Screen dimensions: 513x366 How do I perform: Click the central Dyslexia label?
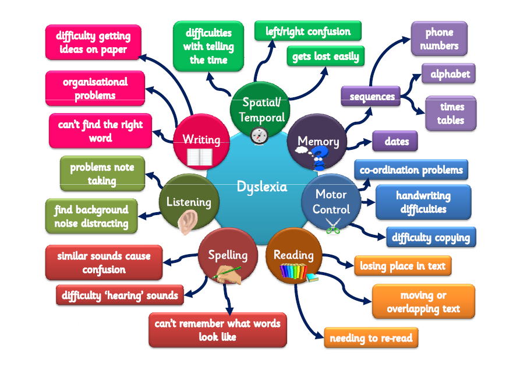pyautogui.click(x=262, y=186)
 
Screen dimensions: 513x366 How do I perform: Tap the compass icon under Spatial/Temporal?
pyautogui.click(x=259, y=136)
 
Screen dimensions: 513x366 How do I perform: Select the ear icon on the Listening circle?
pyautogui.click(x=188, y=221)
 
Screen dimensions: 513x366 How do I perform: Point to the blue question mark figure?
pyautogui.click(x=319, y=158)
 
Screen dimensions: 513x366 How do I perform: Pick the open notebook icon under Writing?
pyautogui.click(x=200, y=157)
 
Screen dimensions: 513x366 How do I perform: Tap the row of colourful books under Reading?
pyautogui.click(x=293, y=272)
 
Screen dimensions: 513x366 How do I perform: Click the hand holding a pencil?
pyautogui.click(x=227, y=274)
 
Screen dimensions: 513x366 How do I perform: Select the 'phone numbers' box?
pyautogui.click(x=439, y=38)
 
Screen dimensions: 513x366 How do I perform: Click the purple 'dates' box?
pyautogui.click(x=395, y=141)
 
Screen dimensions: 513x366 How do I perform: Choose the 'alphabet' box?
pyautogui.click(x=448, y=73)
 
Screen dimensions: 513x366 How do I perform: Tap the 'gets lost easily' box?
pyautogui.click(x=326, y=56)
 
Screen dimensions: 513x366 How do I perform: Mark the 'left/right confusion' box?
pyautogui.click(x=308, y=31)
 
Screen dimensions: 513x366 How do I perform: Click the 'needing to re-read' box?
pyautogui.click(x=371, y=337)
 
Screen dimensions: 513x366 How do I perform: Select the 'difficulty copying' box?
pyautogui.click(x=431, y=237)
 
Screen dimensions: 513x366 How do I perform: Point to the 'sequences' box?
pyautogui.click(x=371, y=96)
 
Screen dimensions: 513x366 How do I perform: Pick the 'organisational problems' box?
pyautogui.click(x=95, y=89)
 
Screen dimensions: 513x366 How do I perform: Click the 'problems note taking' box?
pyautogui.click(x=102, y=174)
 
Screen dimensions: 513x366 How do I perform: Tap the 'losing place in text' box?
pyautogui.click(x=403, y=266)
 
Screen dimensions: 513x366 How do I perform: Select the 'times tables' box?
pyautogui.click(x=451, y=113)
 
